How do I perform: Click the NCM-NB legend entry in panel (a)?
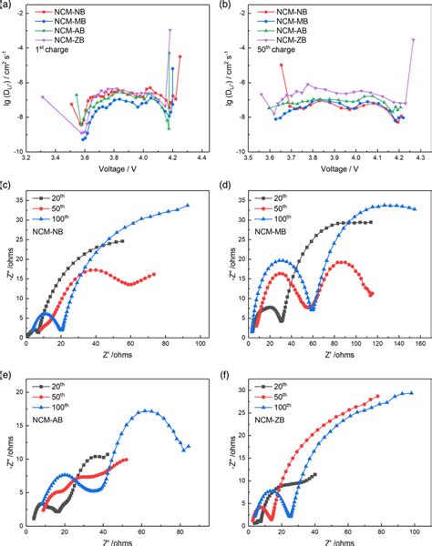pyautogui.click(x=65, y=12)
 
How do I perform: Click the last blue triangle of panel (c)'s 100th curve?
pyautogui.click(x=188, y=206)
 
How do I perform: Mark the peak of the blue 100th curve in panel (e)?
pyautogui.click(x=146, y=410)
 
